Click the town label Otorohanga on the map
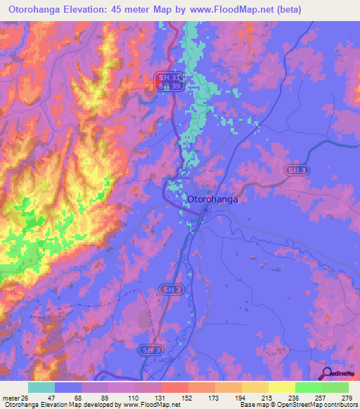pos(213,200)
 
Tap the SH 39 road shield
pos(163,86)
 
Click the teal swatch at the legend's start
pos(41,388)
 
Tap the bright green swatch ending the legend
pos(335,388)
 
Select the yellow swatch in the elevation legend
pos(281,388)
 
